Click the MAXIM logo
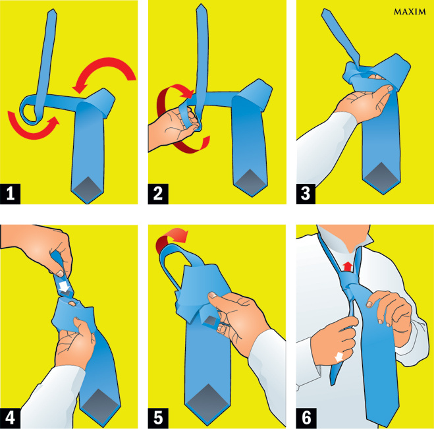(410, 12)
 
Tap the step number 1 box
(11, 194)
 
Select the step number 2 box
(158, 194)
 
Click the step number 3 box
(306, 194)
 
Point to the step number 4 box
(11, 418)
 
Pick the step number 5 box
(158, 418)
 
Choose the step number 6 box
(306, 418)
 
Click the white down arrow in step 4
(65, 287)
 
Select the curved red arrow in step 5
(169, 235)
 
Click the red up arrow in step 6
(348, 266)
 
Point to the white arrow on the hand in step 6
(339, 357)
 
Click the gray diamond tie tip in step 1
(88, 189)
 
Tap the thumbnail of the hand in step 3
(391, 88)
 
